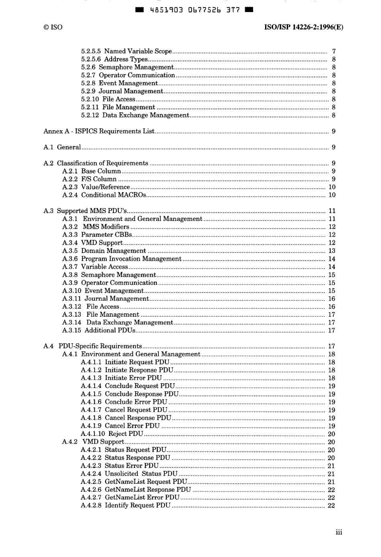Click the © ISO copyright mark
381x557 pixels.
[x=53, y=27]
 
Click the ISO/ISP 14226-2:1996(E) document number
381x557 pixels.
[x=303, y=27]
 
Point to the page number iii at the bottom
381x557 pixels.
[x=339, y=532]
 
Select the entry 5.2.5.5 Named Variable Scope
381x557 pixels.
[x=126, y=51]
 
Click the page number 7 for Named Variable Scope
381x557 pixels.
[x=334, y=51]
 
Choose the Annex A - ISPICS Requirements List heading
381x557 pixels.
[x=99, y=131]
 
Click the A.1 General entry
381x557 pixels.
[x=62, y=147]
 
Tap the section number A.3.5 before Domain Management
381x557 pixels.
[x=70, y=251]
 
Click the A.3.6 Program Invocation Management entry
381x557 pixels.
[x=122, y=259]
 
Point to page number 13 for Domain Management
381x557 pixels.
[x=332, y=251]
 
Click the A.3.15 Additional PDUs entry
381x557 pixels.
[x=99, y=331]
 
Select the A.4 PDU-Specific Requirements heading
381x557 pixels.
[x=93, y=346]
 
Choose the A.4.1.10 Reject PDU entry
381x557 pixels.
[x=112, y=434]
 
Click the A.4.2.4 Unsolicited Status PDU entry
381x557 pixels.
[x=129, y=474]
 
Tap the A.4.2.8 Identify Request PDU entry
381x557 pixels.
[x=126, y=506]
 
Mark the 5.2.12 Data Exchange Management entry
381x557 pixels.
[x=135, y=115]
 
